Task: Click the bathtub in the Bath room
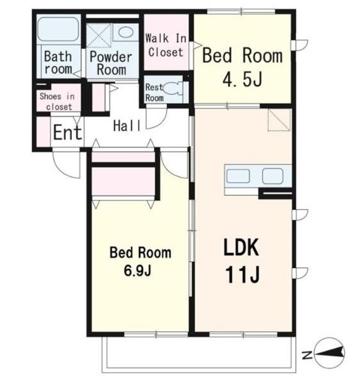(58, 29)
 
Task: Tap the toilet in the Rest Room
(173, 88)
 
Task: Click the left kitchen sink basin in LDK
(238, 176)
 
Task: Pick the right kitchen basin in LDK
(273, 176)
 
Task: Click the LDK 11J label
(242, 261)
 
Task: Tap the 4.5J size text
(242, 80)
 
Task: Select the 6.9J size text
(138, 271)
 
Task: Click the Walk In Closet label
(166, 45)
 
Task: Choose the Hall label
(127, 126)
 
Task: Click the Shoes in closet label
(58, 102)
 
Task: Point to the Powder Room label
(111, 64)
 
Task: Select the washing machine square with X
(99, 36)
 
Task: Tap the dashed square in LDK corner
(279, 120)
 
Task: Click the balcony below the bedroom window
(199, 354)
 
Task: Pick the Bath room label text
(58, 63)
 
